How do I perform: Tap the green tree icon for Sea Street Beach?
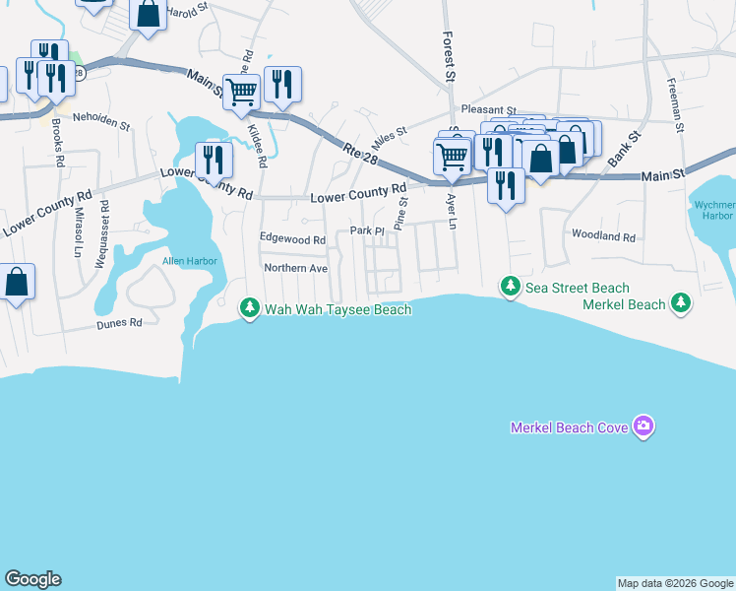(x=510, y=287)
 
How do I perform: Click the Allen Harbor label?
(x=189, y=261)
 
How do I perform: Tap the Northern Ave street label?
(x=295, y=268)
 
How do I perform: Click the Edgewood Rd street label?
(x=292, y=239)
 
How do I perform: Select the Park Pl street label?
(x=366, y=231)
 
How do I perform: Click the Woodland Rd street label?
(x=603, y=236)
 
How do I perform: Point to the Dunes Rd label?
(x=119, y=322)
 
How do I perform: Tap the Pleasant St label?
(x=484, y=110)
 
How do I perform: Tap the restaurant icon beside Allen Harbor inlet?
(x=214, y=160)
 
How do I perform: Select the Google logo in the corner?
(x=32, y=579)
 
